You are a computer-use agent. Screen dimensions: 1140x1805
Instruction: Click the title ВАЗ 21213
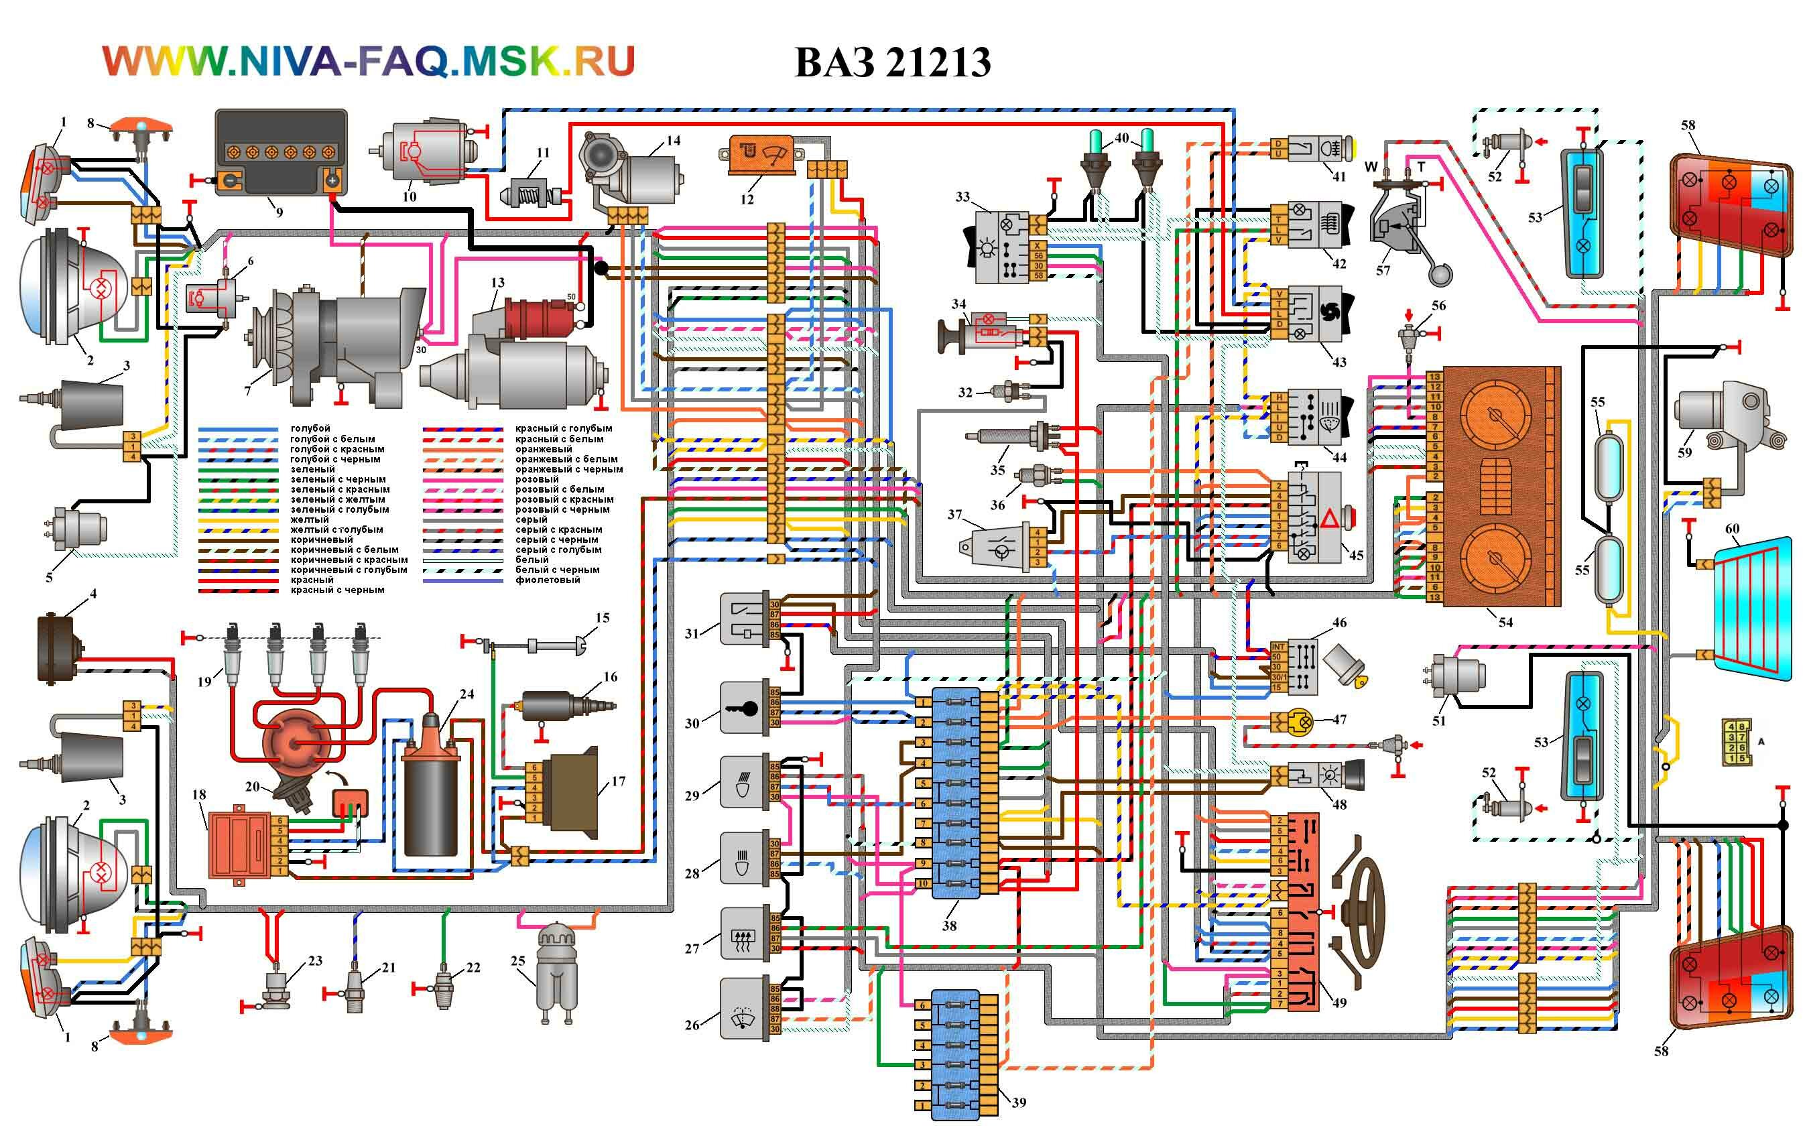[x=892, y=62]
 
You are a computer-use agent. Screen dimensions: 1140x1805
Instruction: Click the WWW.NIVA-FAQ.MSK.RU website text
[x=368, y=61]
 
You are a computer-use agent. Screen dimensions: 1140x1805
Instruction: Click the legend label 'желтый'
[x=310, y=519]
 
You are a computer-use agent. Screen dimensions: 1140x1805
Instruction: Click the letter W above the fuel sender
[x=1371, y=166]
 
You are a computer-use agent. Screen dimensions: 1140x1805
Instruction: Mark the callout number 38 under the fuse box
[x=949, y=926]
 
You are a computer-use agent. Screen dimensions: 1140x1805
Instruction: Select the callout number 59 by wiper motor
[x=1684, y=452]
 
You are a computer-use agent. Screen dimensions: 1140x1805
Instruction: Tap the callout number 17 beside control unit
[x=619, y=781]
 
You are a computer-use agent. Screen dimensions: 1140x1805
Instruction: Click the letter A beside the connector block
[x=1761, y=741]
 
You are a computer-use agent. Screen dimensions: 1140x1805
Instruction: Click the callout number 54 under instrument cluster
[x=1505, y=622]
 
